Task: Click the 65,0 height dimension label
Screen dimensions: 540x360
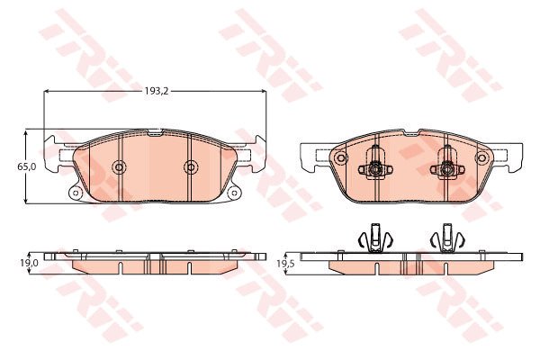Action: pyautogui.click(x=27, y=166)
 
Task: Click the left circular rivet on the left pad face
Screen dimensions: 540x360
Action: pyautogui.click(x=119, y=167)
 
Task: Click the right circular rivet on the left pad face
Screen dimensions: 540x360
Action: pyautogui.click(x=191, y=167)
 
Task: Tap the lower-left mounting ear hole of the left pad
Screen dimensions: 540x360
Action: pyautogui.click(x=76, y=193)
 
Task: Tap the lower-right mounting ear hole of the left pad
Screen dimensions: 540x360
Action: pyautogui.click(x=234, y=193)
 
